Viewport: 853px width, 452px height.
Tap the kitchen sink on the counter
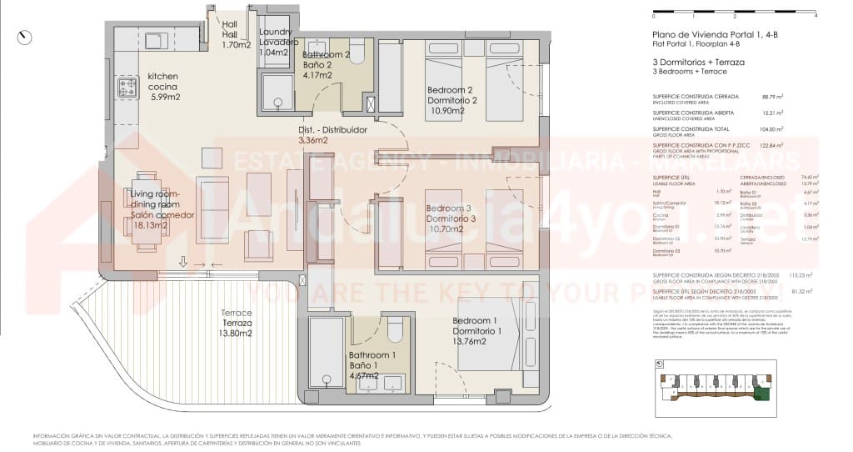[x=154, y=39]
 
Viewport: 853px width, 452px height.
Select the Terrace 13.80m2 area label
[x=235, y=333]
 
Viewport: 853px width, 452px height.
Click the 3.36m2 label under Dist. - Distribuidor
[x=312, y=141]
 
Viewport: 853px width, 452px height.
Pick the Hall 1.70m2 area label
[x=237, y=45]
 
